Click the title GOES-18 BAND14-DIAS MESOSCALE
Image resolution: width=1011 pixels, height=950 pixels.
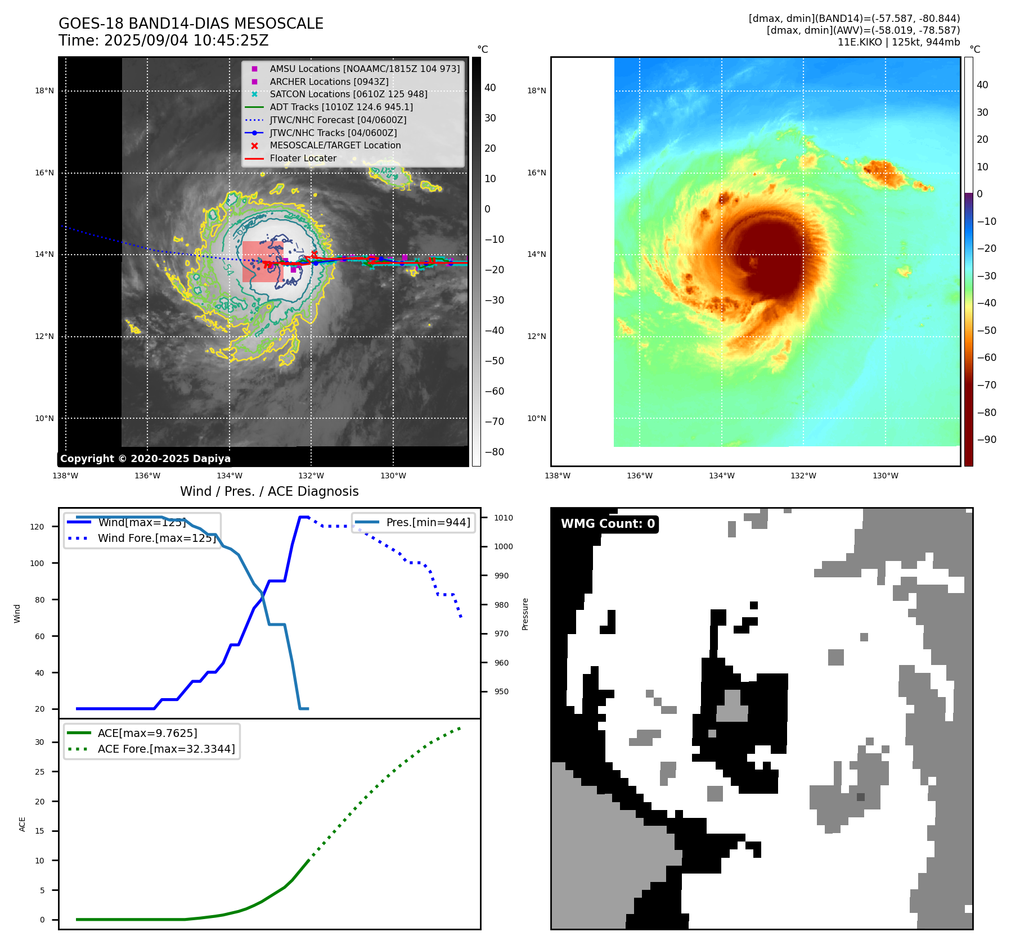pos(191,24)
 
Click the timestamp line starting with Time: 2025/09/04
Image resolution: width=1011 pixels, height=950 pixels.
pos(163,41)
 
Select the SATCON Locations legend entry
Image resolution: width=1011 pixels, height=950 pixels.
pos(348,94)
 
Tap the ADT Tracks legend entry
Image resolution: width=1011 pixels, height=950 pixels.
pos(341,107)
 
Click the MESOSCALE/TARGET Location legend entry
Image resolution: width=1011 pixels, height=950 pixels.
pos(335,146)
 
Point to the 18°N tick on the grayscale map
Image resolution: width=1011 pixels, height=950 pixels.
pos(44,91)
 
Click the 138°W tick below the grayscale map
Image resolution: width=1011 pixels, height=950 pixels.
pos(65,476)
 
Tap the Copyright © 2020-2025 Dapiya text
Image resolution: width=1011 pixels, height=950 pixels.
pos(145,459)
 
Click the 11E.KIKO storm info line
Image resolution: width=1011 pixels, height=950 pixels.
pos(898,42)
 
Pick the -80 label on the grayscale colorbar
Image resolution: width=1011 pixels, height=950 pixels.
pos(495,452)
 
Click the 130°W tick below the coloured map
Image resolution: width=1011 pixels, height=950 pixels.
pos(885,476)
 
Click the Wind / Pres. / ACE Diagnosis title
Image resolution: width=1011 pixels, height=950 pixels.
pos(269,491)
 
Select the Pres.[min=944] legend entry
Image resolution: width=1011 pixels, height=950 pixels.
pos(428,522)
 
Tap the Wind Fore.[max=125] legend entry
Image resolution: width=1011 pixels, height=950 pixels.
pos(156,538)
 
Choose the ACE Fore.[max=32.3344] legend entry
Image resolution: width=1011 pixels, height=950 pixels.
pos(166,749)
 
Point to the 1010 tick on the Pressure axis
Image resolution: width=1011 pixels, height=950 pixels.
pos(504,518)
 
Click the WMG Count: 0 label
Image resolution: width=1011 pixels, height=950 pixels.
pos(608,524)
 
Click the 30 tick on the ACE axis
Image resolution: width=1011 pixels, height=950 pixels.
pos(39,742)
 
